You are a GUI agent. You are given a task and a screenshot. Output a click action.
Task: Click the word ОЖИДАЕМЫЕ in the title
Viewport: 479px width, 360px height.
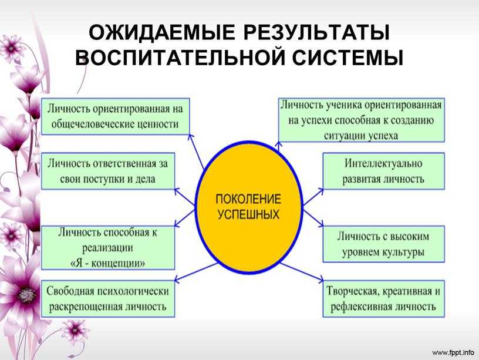pos(162,33)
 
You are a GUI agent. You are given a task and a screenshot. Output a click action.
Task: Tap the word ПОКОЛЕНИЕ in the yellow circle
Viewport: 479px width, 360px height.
pos(248,199)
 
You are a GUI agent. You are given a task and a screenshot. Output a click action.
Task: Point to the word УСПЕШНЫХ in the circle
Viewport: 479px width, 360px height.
pos(248,214)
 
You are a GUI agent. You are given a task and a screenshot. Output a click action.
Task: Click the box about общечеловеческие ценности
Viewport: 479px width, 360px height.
pos(115,116)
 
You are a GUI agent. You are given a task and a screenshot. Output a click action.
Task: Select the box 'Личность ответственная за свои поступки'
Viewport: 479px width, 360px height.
pos(108,171)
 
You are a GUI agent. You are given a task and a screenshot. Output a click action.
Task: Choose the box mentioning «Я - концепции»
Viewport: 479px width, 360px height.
pos(108,248)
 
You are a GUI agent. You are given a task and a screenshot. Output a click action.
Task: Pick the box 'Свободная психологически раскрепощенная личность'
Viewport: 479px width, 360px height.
pos(108,299)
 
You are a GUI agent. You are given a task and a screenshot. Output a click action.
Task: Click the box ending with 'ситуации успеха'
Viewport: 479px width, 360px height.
pos(362,120)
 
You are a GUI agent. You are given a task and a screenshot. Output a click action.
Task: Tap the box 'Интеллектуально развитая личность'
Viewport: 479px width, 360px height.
pos(384,171)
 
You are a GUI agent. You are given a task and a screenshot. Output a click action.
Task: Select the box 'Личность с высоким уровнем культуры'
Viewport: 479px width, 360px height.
pos(384,244)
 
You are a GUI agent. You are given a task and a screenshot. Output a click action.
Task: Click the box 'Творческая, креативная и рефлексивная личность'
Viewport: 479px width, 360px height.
pos(384,299)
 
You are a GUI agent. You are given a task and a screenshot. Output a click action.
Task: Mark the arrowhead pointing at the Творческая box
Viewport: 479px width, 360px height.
pos(321,280)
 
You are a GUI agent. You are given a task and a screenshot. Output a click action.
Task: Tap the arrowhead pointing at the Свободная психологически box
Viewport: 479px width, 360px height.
pos(177,279)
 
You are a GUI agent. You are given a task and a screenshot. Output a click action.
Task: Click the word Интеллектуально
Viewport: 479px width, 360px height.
pos(383,163)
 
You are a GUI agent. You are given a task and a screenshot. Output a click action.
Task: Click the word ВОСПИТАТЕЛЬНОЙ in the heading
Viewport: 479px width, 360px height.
pos(180,58)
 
